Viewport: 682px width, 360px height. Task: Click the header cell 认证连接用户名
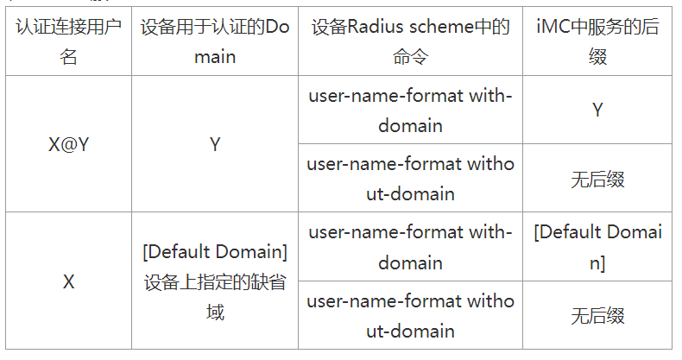pos(69,41)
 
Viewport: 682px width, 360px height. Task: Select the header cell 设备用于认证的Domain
pos(215,41)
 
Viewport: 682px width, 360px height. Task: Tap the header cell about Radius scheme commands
pos(410,41)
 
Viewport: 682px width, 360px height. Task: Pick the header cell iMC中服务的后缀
pos(597,41)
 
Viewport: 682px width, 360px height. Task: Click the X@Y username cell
pos(69,144)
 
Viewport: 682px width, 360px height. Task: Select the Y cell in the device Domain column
pos(215,144)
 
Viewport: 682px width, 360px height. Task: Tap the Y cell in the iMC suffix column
pos(597,110)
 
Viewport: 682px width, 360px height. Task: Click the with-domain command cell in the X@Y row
pos(410,110)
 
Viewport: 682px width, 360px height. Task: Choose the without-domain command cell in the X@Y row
pos(410,178)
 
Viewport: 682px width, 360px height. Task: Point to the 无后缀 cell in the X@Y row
pos(597,179)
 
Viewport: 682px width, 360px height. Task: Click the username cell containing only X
pos(69,281)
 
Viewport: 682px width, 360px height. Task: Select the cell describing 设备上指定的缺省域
pos(215,281)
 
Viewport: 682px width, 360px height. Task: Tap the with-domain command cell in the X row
pos(410,247)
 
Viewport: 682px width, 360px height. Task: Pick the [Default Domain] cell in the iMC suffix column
pos(597,247)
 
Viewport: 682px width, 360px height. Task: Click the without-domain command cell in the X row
pos(410,315)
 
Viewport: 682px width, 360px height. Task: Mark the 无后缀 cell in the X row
pos(597,316)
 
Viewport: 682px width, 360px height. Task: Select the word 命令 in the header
pos(410,57)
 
